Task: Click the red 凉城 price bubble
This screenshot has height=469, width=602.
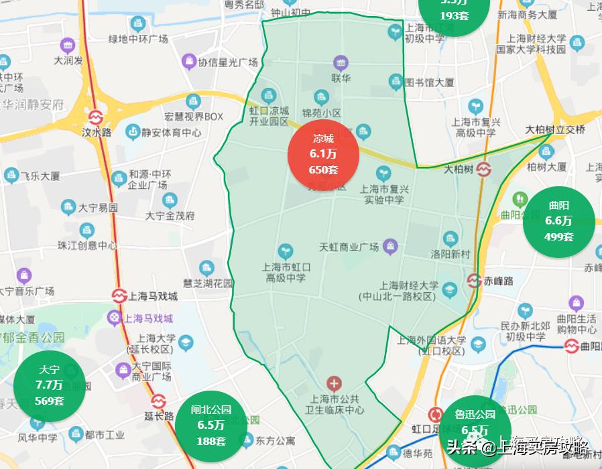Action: [323, 155]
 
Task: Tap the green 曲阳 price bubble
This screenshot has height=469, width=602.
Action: [558, 220]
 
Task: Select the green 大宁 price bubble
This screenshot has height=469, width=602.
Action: [50, 385]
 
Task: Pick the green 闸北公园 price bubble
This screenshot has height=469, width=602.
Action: [210, 424]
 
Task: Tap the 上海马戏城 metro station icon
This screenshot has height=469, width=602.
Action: [119, 295]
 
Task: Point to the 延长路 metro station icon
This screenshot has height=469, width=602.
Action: [158, 401]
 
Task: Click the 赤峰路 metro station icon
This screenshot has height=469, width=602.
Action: [475, 281]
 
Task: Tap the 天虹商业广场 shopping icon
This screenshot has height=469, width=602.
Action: [389, 247]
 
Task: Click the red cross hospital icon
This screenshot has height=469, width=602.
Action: [334, 384]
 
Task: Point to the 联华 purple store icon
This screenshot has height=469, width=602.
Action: [341, 64]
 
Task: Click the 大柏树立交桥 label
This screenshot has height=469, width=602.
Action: [555, 129]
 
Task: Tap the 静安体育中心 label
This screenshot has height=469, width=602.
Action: [172, 133]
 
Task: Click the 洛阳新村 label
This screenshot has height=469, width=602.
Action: [450, 255]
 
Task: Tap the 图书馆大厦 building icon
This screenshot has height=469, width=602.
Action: [396, 82]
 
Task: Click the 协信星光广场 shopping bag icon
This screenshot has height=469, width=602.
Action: [189, 62]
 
